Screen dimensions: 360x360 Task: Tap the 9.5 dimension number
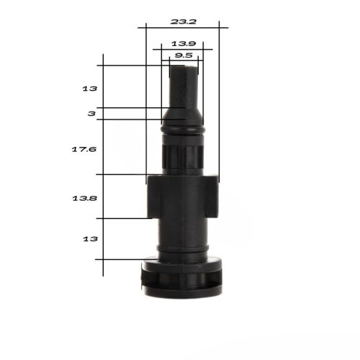coord(182,55)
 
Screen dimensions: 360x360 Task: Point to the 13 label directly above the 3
coord(90,89)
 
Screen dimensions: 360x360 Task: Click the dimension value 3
coord(91,114)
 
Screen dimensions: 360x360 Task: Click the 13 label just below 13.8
coord(90,238)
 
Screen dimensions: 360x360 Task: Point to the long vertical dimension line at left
coord(104,166)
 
